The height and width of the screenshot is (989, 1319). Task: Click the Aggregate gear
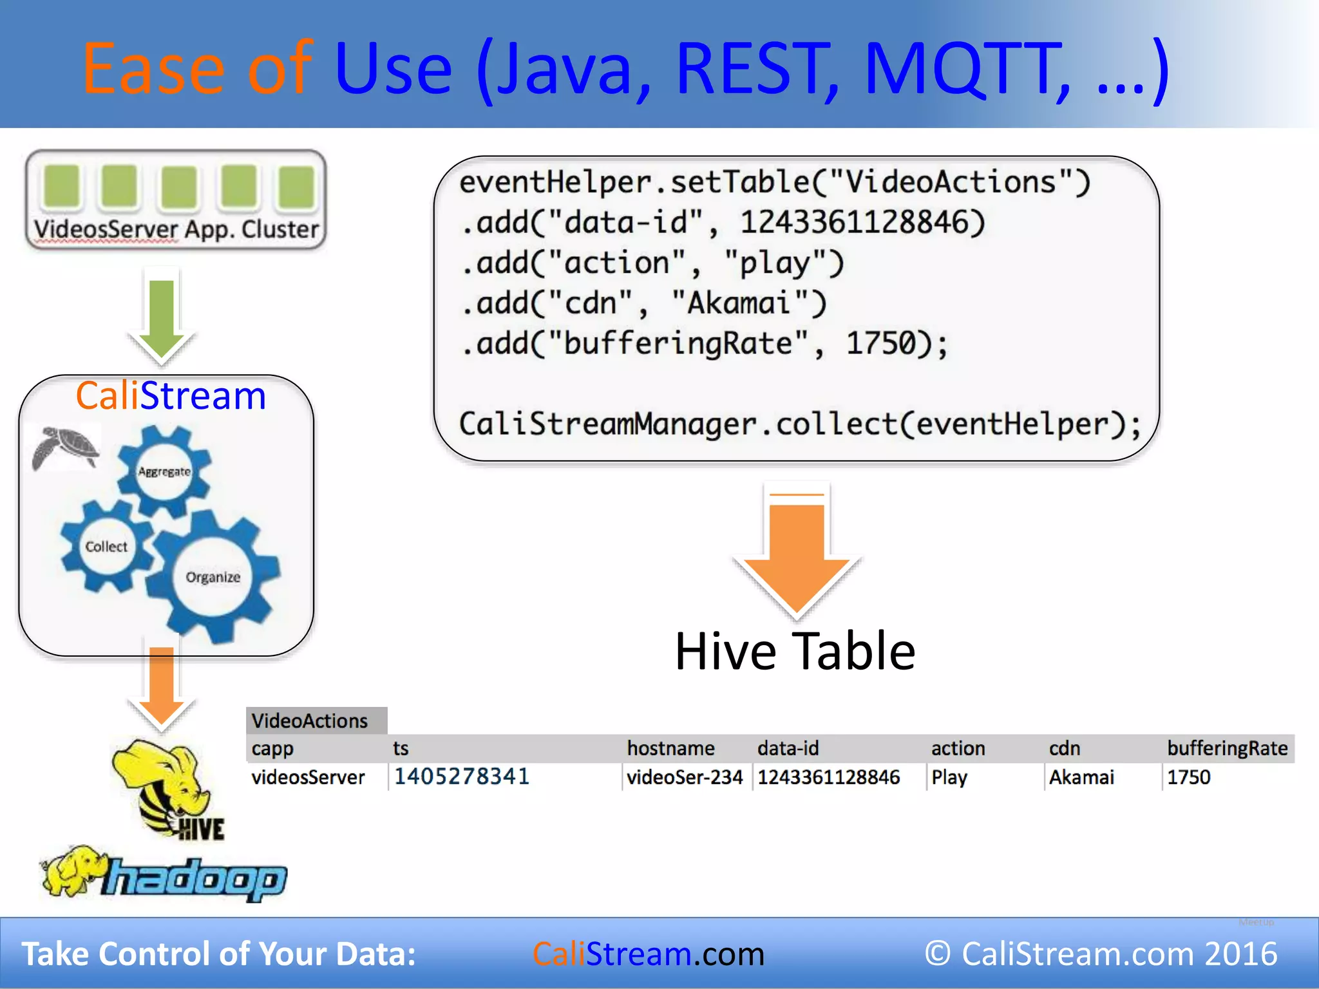[x=164, y=471]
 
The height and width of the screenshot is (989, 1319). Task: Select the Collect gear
[x=106, y=547]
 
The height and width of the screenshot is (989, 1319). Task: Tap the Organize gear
[x=213, y=577]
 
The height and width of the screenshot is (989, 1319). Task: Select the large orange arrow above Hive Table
[x=797, y=554]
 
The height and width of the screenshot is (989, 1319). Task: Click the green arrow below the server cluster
[x=162, y=319]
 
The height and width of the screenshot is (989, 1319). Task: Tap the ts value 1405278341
[x=461, y=777]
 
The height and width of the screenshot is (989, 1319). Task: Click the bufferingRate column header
[x=1227, y=748]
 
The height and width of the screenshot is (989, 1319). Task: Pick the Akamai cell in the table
[x=1081, y=777]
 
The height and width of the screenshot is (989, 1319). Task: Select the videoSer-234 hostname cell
[x=685, y=777]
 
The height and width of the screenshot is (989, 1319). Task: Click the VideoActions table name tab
[x=310, y=721]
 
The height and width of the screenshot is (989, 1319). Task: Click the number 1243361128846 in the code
[x=862, y=223]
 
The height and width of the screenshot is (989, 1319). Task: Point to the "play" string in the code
[x=783, y=263]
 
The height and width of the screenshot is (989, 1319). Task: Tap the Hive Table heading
[x=795, y=652]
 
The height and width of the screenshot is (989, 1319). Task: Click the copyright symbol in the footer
[x=938, y=954]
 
